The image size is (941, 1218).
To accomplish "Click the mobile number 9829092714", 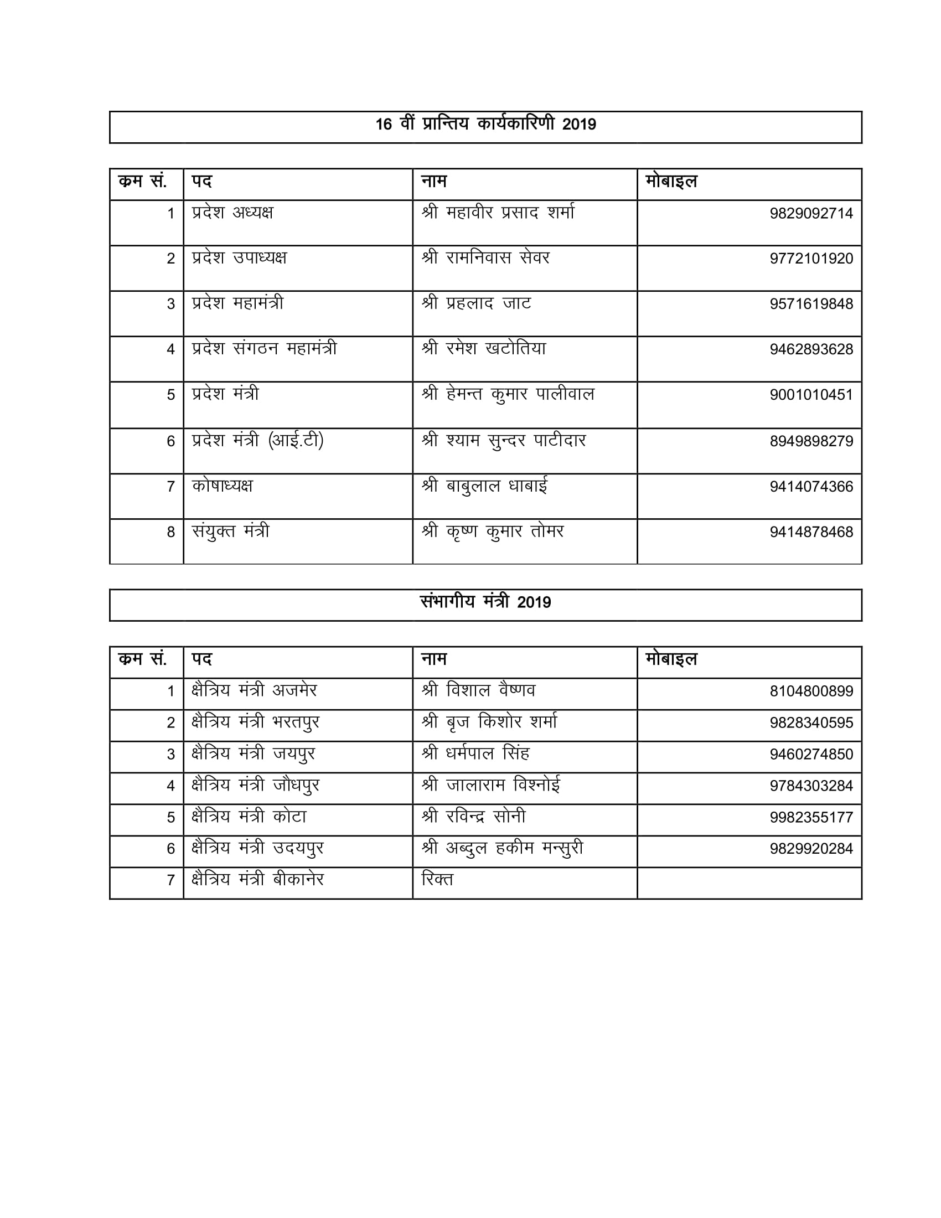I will point(811,214).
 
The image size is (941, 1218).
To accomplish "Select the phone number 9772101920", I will point(811,259).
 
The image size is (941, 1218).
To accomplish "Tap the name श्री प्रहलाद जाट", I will point(477,303).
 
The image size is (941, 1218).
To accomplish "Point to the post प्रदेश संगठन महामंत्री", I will point(264,349).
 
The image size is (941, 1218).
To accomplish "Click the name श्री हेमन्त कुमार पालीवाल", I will point(508,395).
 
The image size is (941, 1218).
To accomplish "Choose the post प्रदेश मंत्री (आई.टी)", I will point(257,441).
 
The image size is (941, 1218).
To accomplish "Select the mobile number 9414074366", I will point(811,487).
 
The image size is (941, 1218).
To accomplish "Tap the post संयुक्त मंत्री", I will point(231,531).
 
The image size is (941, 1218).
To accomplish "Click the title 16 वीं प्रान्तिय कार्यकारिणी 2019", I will point(485,125).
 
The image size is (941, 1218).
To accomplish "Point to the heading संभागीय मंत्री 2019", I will point(485,602).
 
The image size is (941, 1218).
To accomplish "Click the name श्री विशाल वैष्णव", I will point(478,691).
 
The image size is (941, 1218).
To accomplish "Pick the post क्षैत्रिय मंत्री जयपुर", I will point(254,755).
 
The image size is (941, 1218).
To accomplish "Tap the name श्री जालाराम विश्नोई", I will point(491,786).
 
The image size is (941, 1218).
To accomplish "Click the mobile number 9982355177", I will point(811,818).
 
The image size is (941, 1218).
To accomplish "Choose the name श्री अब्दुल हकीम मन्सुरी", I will point(502,849).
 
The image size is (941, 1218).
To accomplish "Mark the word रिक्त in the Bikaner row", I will point(438,880).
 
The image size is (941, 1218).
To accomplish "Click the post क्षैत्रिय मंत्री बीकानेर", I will point(257,880).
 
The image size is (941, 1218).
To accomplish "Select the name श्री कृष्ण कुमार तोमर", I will point(493,531).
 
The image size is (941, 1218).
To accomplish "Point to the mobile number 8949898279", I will point(811,441).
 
